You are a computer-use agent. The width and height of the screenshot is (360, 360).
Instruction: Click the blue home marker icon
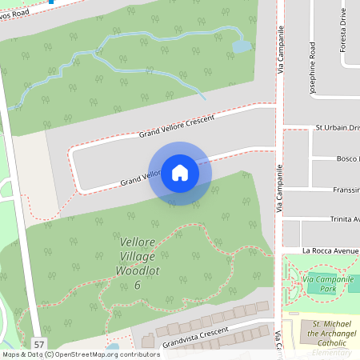pos(179,173)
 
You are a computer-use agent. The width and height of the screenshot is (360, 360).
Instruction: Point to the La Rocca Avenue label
pos(330,250)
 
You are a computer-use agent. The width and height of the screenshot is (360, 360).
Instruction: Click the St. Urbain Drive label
pos(337,127)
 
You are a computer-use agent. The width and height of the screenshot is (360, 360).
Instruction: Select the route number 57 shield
pos(38,343)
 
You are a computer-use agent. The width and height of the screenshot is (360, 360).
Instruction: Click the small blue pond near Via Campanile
pos(241,46)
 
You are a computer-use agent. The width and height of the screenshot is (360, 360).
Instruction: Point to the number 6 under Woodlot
pos(138,285)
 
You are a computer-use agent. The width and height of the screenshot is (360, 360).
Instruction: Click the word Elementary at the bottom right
pos(332,353)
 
